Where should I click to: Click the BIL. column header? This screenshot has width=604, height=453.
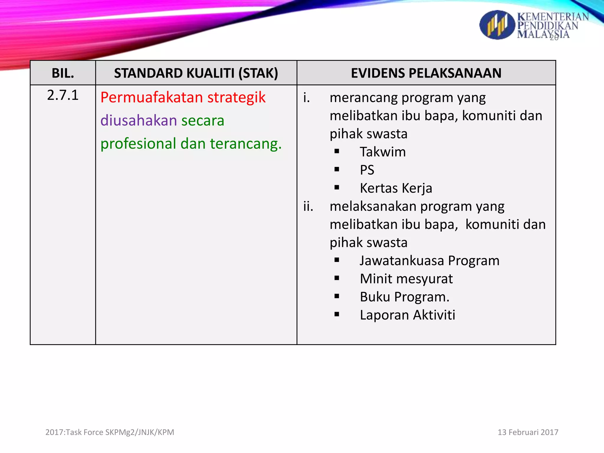(x=63, y=73)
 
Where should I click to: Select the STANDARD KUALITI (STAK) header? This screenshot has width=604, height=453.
(x=196, y=73)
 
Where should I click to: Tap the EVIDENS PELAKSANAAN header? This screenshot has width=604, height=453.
(x=426, y=73)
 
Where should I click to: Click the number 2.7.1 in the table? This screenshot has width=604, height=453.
(x=63, y=95)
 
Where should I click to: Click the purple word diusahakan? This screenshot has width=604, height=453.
(x=139, y=121)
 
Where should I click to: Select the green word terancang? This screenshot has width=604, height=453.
(x=245, y=144)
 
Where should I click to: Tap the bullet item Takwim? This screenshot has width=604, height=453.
(x=383, y=152)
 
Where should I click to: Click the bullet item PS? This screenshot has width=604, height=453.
(x=367, y=170)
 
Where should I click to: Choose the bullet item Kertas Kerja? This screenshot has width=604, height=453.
(x=396, y=188)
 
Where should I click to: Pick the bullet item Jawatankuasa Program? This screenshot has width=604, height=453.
(x=429, y=261)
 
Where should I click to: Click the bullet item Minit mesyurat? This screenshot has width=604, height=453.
(x=406, y=279)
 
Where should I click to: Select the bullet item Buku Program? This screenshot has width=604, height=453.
(x=404, y=297)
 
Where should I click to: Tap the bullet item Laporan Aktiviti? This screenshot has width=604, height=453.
(x=407, y=315)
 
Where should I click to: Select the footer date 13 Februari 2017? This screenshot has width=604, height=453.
(x=528, y=432)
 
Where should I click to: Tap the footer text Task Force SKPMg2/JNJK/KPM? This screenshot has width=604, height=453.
(x=119, y=432)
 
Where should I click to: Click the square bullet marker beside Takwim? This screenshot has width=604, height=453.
(x=337, y=152)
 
